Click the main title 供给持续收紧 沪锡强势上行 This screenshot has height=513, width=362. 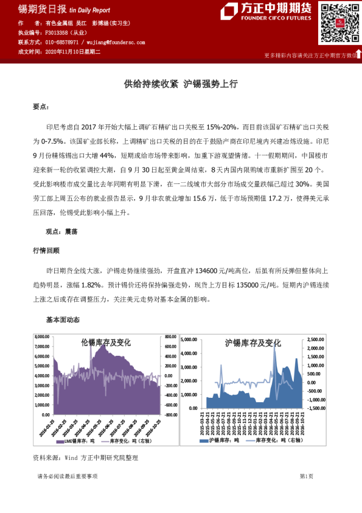pos(180,84)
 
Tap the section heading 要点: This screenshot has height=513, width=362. pos(41,107)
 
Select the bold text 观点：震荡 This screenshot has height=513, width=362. pos(61,232)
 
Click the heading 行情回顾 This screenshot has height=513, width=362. pos(46,250)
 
